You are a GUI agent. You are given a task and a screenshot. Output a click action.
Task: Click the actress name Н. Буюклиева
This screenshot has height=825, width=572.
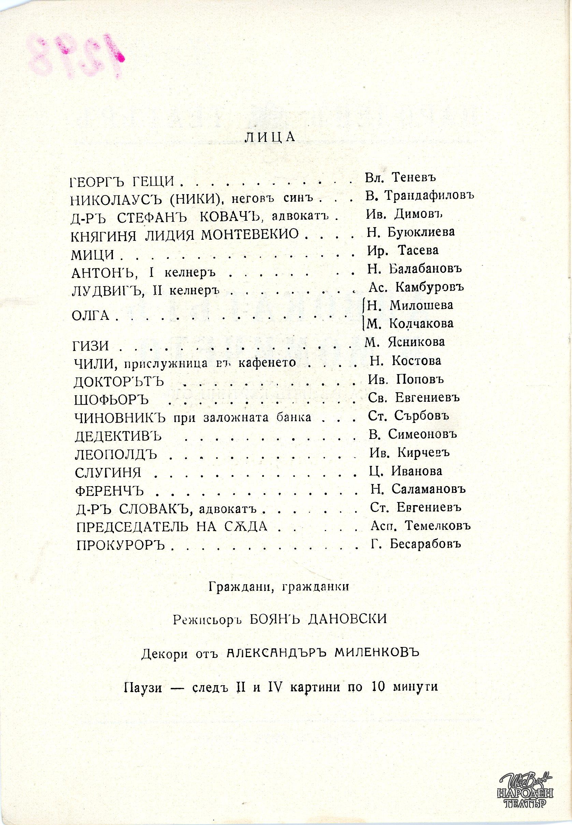click(x=411, y=232)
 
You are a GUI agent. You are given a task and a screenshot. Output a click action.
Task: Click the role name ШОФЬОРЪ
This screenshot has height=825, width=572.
click(x=111, y=400)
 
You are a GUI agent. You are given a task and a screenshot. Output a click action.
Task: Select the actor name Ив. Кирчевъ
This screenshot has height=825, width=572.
click(x=410, y=453)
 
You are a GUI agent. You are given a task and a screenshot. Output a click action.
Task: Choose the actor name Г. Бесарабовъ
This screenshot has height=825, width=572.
click(x=415, y=544)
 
